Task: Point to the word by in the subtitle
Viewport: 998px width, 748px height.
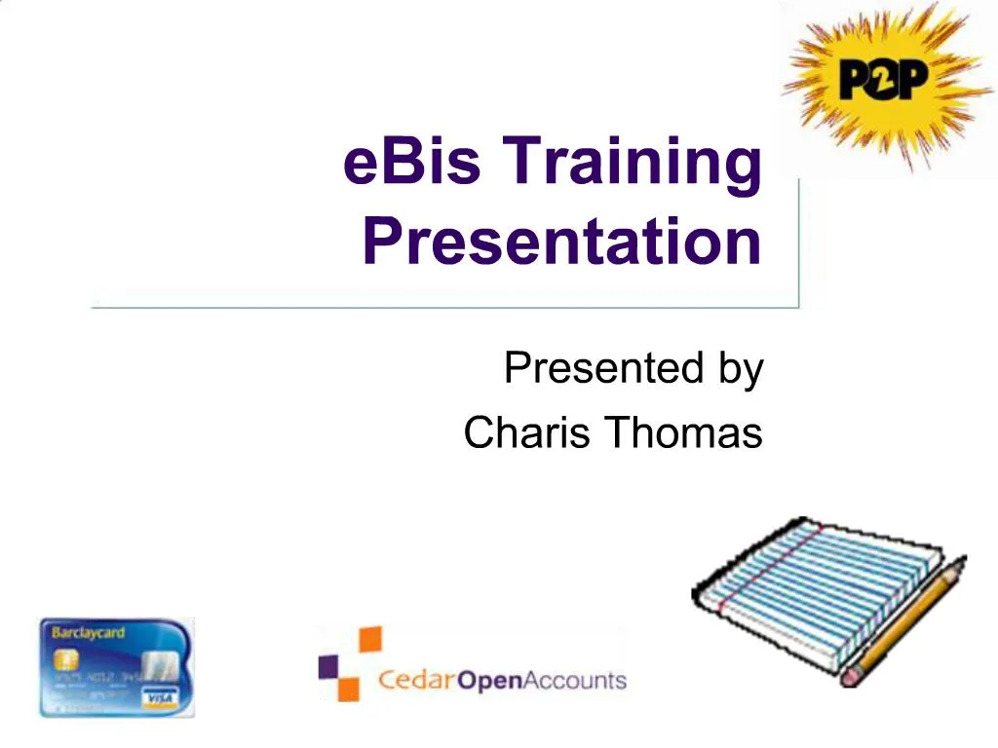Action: point(740,371)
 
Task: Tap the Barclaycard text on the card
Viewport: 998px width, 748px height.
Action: point(89,633)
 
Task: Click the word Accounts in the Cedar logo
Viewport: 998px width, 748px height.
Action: point(575,679)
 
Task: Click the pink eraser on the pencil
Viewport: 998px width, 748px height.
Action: point(851,674)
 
